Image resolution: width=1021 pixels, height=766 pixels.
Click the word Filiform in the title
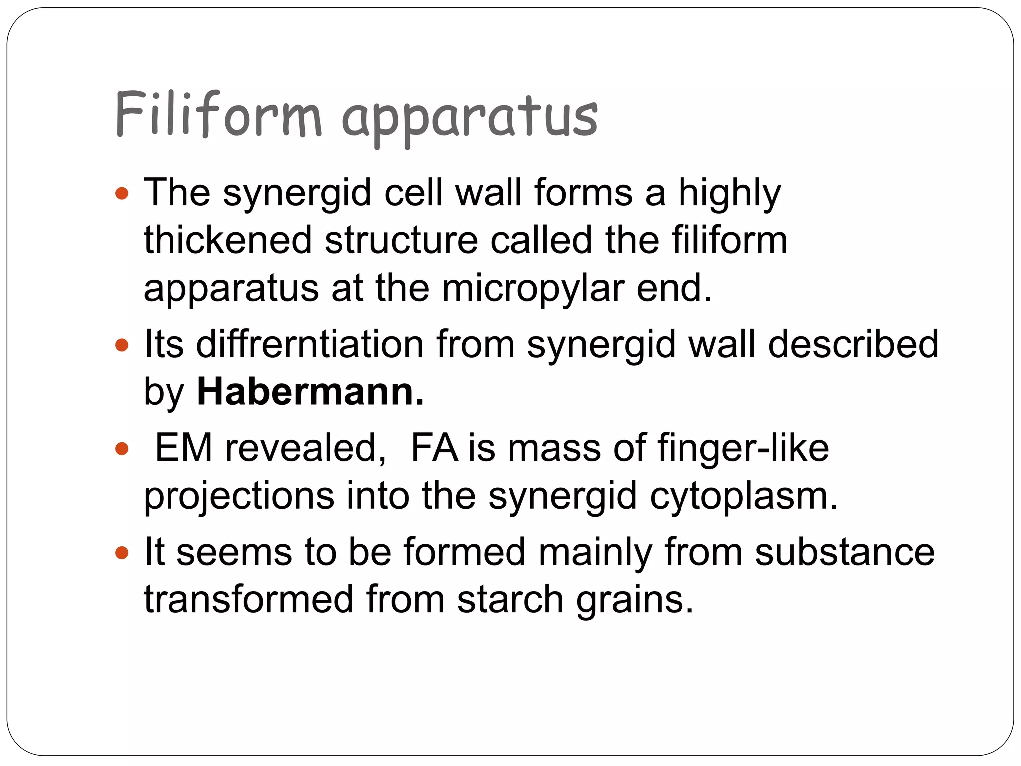(218, 115)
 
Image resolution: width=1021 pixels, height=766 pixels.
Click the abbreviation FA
(434, 448)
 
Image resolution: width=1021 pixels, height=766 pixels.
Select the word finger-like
(743, 448)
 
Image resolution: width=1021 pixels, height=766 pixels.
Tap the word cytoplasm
(743, 497)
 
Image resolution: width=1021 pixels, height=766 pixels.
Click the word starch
(510, 599)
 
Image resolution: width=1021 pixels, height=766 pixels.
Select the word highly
(729, 194)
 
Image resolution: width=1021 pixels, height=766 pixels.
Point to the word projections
(239, 497)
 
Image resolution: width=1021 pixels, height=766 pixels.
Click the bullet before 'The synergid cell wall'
(122, 193)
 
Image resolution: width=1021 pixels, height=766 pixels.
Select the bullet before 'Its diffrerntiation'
(122, 345)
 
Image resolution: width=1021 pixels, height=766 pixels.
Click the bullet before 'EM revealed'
(122, 449)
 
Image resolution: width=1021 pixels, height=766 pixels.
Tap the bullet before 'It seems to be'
(122, 553)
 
